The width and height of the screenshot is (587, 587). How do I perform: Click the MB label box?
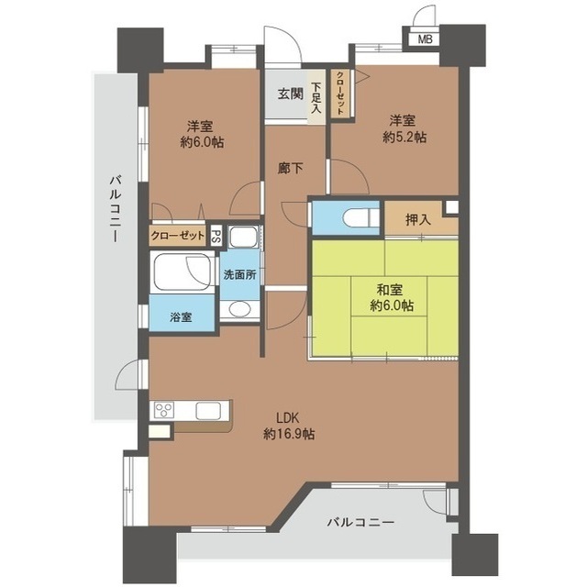click(424, 39)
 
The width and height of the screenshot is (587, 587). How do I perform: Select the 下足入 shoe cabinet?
click(316, 95)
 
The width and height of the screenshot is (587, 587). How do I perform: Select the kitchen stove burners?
click(164, 410)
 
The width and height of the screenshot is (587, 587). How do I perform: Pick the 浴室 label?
click(181, 317)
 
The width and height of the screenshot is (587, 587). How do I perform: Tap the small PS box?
click(215, 236)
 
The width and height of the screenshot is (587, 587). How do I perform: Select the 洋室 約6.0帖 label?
click(202, 134)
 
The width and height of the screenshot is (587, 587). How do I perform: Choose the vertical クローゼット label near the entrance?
click(339, 94)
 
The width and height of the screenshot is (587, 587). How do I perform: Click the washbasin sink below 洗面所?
click(237, 309)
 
